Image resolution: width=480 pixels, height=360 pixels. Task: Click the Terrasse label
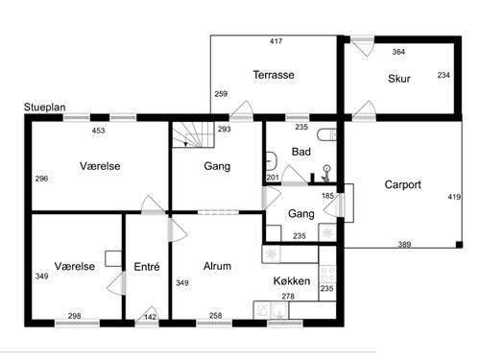(x=274, y=75)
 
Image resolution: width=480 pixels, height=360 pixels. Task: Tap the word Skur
(x=398, y=79)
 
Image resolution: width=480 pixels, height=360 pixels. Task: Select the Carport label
(x=403, y=184)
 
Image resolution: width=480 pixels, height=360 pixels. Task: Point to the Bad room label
(x=300, y=153)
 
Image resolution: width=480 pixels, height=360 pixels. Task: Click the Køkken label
(x=292, y=280)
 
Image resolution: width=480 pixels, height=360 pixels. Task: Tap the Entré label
(x=147, y=266)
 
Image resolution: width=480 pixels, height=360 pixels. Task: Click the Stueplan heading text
(x=45, y=108)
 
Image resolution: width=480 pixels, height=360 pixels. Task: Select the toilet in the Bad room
(x=271, y=158)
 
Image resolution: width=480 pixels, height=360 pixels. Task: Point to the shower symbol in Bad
(x=327, y=172)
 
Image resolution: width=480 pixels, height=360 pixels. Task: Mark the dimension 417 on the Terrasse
(x=276, y=42)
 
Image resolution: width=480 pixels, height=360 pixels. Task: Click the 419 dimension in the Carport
(x=454, y=198)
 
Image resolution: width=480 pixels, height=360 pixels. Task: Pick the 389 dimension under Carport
(x=404, y=245)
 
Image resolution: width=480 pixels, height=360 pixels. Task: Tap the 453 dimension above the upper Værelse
(x=97, y=131)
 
